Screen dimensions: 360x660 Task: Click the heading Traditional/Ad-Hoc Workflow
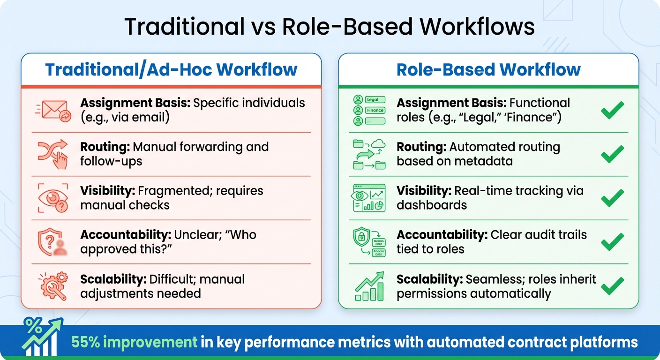pos(171,70)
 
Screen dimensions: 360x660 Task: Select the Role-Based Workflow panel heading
pos(488,70)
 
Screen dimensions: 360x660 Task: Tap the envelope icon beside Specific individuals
pos(52,111)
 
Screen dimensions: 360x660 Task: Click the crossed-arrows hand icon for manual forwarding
pos(52,154)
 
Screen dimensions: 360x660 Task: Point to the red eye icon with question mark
pos(52,198)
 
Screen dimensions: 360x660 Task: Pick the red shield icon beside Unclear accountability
pos(52,242)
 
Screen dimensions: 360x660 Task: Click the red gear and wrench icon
pos(52,286)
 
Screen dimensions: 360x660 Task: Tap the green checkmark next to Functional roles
pos(613,110)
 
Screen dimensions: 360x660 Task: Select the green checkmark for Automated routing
pos(613,154)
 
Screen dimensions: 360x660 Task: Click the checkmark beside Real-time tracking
pos(613,198)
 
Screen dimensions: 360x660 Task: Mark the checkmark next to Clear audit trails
pos(613,242)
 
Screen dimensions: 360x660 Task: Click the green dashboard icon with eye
pos(369,198)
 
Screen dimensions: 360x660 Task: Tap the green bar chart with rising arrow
pos(369,286)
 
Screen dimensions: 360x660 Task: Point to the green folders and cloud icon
pos(369,154)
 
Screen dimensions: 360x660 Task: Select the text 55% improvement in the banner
pos(135,342)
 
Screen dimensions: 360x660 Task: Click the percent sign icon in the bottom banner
pos(33,325)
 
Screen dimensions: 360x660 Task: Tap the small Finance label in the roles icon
pos(375,110)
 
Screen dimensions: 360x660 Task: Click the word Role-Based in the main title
pos(345,27)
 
